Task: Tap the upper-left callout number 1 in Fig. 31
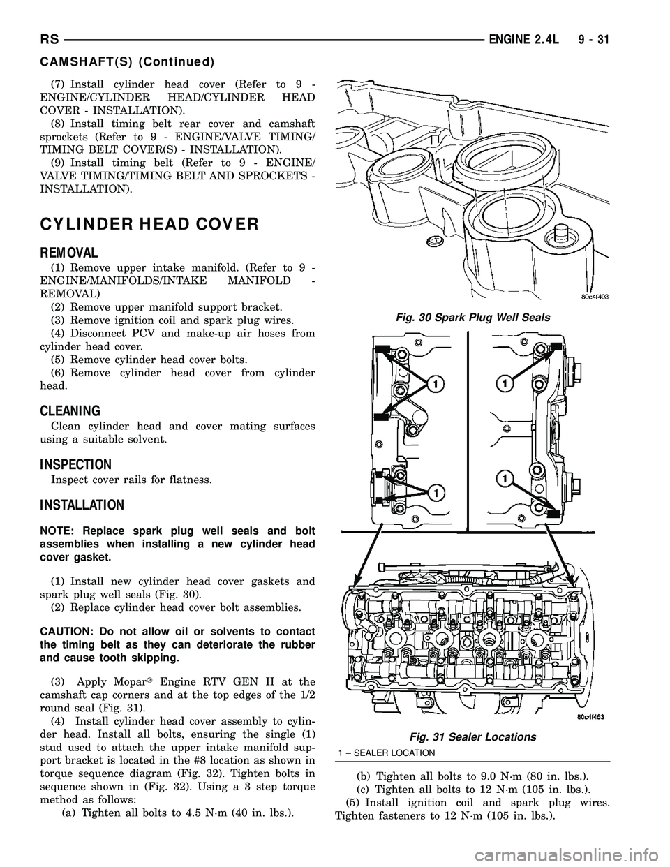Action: (x=434, y=384)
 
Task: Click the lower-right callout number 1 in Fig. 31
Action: (x=501, y=478)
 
